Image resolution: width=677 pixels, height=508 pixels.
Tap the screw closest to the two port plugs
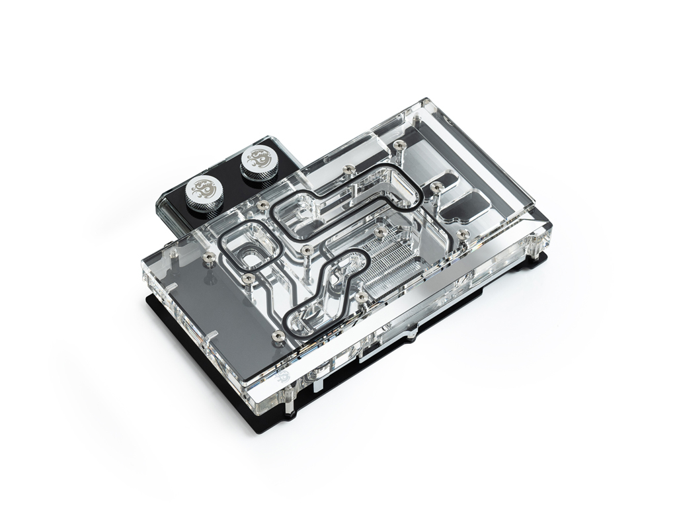click(x=263, y=206)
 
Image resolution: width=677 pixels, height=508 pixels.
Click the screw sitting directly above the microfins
click(x=379, y=232)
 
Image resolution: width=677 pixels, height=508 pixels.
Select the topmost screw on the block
click(x=399, y=144)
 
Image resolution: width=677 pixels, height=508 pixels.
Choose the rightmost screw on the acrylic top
click(x=463, y=233)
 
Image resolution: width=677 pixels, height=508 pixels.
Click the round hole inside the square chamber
click(x=250, y=253)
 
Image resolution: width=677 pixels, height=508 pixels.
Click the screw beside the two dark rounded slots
click(x=436, y=187)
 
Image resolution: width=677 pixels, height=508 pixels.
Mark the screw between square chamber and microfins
click(x=305, y=250)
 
